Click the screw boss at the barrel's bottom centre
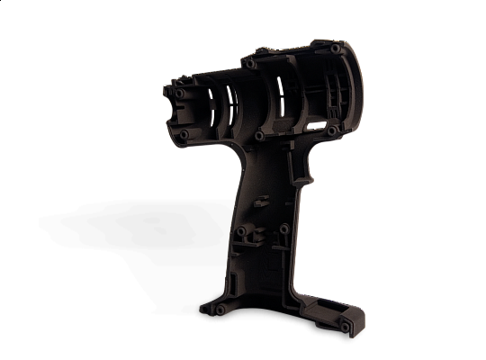click(x=259, y=136)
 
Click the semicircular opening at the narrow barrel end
click(x=173, y=113)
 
